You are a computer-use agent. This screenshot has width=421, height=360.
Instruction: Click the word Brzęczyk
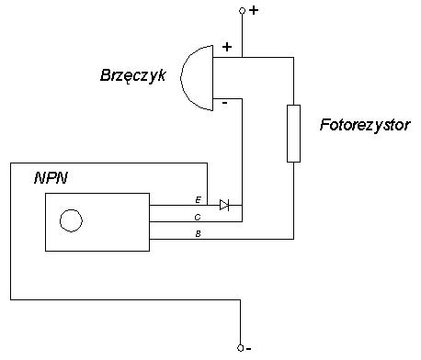tap(132, 76)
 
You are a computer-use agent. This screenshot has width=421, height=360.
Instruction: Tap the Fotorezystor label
tap(365, 123)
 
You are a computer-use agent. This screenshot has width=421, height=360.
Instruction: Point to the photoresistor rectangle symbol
tap(294, 134)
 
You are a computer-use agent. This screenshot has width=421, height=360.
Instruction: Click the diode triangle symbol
tap(223, 205)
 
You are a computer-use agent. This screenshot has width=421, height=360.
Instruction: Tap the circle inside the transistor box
tap(70, 220)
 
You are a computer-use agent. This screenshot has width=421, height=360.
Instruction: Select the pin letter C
tap(198, 217)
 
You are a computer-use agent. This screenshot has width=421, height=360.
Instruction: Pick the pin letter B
tap(198, 234)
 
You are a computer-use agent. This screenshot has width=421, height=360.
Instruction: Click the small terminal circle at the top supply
tap(242, 11)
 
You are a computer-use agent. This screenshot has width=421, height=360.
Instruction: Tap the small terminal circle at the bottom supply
tap(242, 348)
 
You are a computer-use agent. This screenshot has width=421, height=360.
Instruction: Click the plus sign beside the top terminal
tap(254, 11)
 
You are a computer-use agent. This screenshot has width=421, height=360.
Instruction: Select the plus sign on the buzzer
tap(227, 46)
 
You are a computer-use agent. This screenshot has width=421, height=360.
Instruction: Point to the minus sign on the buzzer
tap(225, 104)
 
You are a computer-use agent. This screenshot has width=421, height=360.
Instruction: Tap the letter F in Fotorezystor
tap(324, 123)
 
